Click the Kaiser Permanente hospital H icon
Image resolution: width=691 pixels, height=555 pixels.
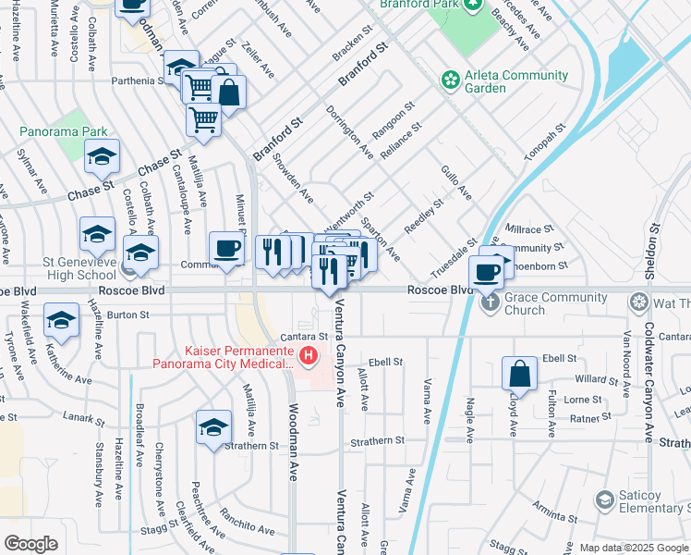tap(309, 354)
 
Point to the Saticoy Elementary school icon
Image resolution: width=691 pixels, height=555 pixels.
tap(604, 500)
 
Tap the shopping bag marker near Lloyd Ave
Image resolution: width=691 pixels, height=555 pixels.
tap(520, 375)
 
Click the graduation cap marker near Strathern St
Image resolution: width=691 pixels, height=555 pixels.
tap(213, 428)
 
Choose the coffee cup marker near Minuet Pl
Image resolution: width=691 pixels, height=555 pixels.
tap(226, 249)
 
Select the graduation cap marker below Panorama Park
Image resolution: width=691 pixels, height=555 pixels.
tap(103, 158)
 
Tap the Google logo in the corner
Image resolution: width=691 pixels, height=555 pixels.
tap(31, 544)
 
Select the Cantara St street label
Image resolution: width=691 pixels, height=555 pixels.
tap(306, 336)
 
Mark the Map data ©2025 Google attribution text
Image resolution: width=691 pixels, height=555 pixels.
tap(634, 548)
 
